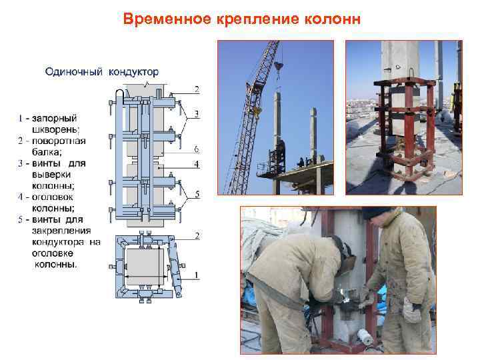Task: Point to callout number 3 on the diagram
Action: (x=196, y=114)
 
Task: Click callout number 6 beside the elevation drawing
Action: (x=196, y=148)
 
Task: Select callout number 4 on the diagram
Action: (x=196, y=163)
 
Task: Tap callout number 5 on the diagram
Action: (x=196, y=194)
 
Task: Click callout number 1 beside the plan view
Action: (x=196, y=275)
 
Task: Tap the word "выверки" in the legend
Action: (x=53, y=174)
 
